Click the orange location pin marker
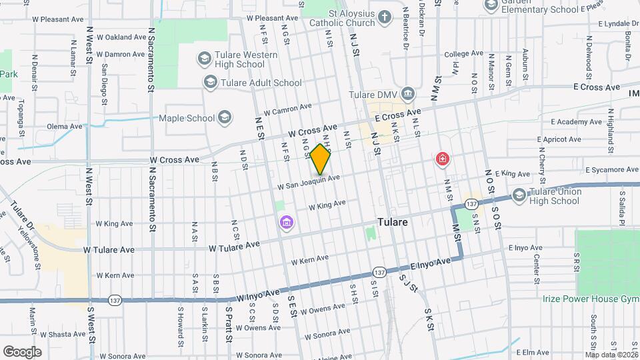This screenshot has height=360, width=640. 321,159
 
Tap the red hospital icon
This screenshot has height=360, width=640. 442,159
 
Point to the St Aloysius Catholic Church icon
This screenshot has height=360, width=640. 385,17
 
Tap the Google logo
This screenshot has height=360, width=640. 23,351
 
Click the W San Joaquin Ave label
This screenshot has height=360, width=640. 309,181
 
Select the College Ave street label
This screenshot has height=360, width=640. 458,54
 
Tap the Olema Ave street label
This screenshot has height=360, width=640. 65,126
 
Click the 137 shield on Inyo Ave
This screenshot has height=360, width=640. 379,273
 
